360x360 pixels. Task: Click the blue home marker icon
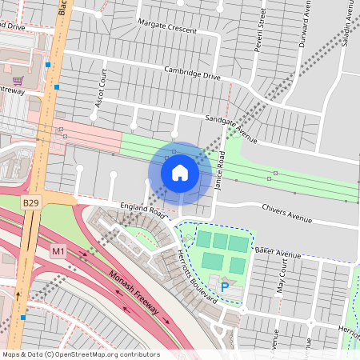pyautogui.click(x=180, y=173)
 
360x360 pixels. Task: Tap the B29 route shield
pyautogui.click(x=30, y=204)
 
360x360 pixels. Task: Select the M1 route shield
pyautogui.click(x=58, y=251)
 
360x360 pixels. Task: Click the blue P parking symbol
pyautogui.click(x=225, y=286)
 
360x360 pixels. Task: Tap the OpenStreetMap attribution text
pyautogui.click(x=80, y=354)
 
